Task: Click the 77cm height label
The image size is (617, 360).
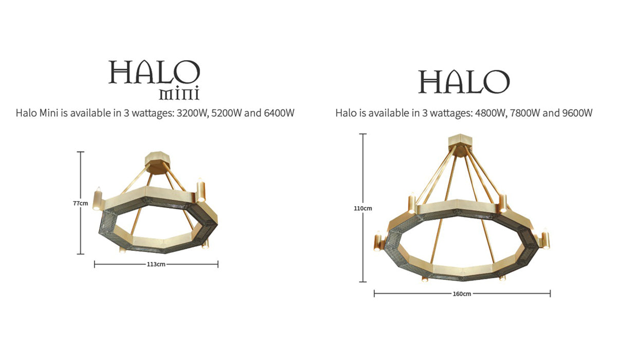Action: [x=80, y=203]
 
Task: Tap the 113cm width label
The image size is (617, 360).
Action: [x=156, y=264]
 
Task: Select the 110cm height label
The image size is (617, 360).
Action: [x=363, y=208]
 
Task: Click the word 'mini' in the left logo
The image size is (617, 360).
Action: [x=179, y=94]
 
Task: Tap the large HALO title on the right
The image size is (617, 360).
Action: [x=464, y=82]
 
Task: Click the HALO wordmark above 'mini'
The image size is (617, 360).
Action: [x=154, y=73]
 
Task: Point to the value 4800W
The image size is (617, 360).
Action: [x=489, y=113]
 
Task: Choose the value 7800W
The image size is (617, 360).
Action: [x=525, y=113]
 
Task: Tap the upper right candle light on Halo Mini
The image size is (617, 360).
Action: [x=201, y=189]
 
